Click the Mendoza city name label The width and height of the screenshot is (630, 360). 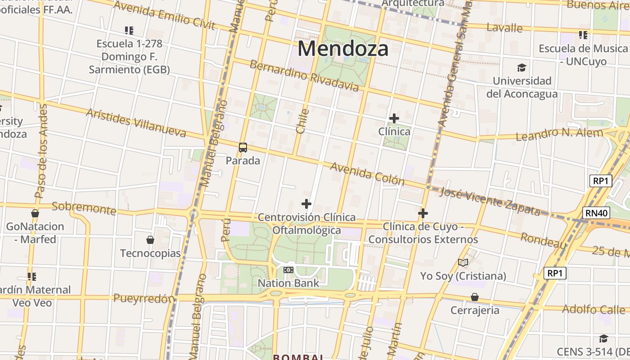pyautogui.click(x=343, y=49)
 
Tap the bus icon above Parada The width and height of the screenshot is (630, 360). pyautogui.click(x=243, y=147)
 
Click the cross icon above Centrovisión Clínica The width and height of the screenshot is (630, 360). pyautogui.click(x=306, y=204)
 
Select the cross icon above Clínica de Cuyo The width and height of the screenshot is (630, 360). pyautogui.click(x=423, y=213)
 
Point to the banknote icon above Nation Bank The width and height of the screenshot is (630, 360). pyautogui.click(x=288, y=270)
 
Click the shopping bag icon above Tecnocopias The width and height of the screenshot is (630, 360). pyautogui.click(x=150, y=240)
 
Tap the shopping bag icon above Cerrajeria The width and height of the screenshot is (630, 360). pyautogui.click(x=475, y=297)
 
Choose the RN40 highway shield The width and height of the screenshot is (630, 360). pyautogui.click(x=597, y=213)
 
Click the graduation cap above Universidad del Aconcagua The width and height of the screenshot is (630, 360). pyautogui.click(x=522, y=67)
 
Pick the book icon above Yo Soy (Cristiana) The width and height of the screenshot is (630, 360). pyautogui.click(x=463, y=262)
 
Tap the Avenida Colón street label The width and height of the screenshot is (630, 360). pyautogui.click(x=367, y=174)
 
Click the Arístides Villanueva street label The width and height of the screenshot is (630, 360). pyautogui.click(x=136, y=122)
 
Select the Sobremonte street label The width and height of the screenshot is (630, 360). pyautogui.click(x=84, y=208)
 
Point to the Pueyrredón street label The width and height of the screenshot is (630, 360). pyautogui.click(x=144, y=298)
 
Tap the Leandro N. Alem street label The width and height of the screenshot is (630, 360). pyautogui.click(x=559, y=134)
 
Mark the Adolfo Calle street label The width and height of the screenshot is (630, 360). pyautogui.click(x=594, y=310)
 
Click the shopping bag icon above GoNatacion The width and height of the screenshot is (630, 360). pyautogui.click(x=35, y=213)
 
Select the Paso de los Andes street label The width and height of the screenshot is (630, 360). pyautogui.click(x=41, y=151)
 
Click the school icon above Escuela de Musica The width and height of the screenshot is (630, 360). pyautogui.click(x=583, y=35)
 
